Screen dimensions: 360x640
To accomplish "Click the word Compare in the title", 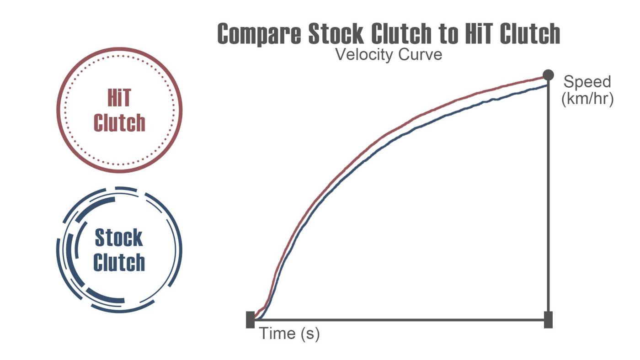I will click(259, 34).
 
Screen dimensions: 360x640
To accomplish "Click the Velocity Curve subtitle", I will click(389, 54).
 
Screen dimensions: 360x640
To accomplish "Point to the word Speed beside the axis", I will click(587, 82).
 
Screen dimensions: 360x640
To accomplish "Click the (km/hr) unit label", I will click(587, 99).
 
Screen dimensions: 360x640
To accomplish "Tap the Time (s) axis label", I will click(289, 334).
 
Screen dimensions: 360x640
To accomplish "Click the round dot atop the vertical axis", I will click(548, 75).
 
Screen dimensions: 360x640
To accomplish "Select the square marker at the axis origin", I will click(250, 320).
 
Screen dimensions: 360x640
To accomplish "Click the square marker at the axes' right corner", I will click(548, 320).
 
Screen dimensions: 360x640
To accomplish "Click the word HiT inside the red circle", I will click(119, 99).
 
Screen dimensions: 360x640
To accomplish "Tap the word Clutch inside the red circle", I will click(119, 123).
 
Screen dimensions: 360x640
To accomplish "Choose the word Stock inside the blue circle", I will click(119, 238).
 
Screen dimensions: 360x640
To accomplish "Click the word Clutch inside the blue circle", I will click(119, 263).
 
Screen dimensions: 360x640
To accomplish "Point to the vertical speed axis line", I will click(548, 206).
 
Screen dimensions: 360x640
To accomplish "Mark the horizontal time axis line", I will click(398, 320).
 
